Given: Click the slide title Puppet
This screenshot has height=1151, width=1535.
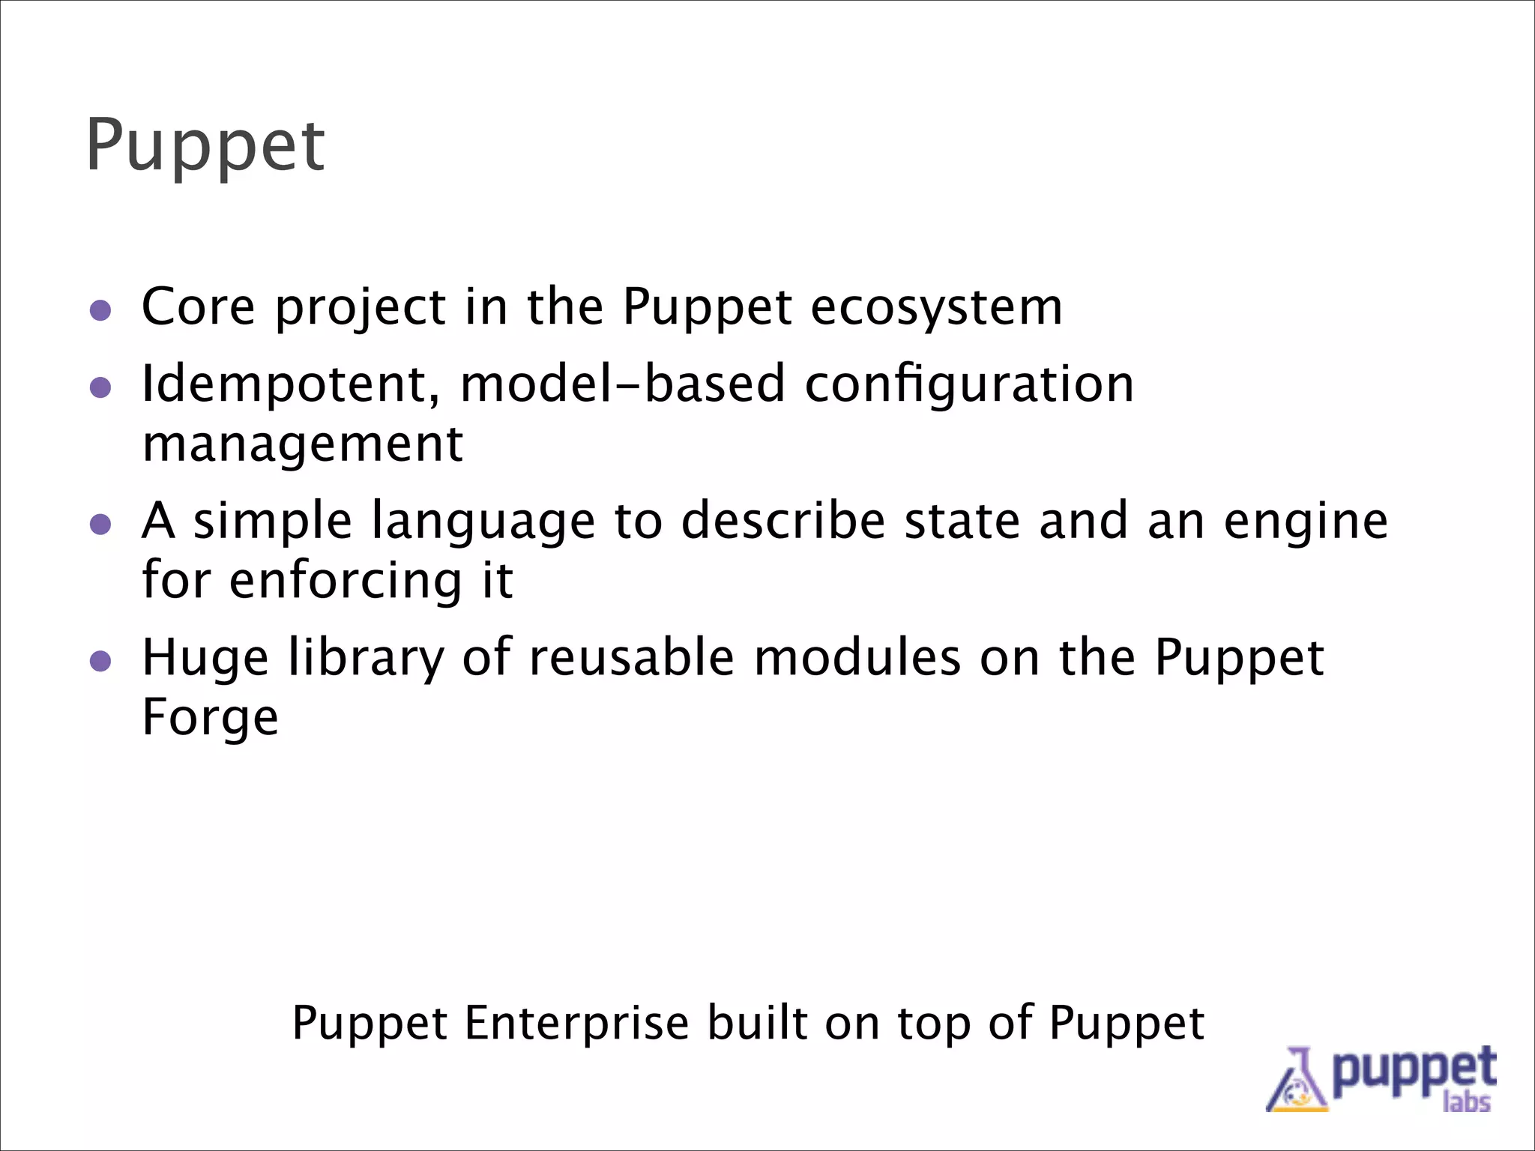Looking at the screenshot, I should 205,146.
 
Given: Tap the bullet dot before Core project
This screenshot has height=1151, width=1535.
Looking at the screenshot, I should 100,310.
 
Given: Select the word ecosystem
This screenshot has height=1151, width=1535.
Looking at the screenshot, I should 936,307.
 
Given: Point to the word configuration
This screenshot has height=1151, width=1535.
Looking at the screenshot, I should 969,384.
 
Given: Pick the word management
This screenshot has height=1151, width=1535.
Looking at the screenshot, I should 302,444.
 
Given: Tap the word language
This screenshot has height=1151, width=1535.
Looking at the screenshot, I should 483,522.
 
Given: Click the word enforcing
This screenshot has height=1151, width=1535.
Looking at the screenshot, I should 346,581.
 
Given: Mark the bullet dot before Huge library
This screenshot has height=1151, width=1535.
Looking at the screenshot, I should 100,661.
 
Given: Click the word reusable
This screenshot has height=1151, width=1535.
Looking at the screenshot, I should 632,657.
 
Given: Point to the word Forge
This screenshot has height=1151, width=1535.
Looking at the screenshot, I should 210,719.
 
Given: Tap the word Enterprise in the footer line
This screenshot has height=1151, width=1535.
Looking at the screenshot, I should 576,1024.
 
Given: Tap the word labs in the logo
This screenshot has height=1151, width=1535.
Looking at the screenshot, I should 1466,1102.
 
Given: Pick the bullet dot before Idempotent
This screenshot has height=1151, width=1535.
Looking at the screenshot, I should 100,387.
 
